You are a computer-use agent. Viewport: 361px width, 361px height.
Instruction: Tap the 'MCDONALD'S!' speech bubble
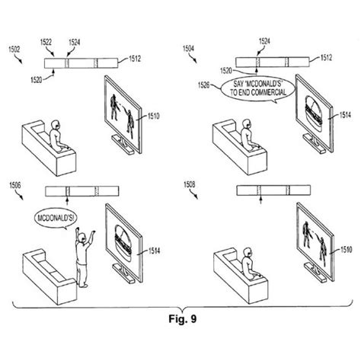[x=53, y=220]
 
